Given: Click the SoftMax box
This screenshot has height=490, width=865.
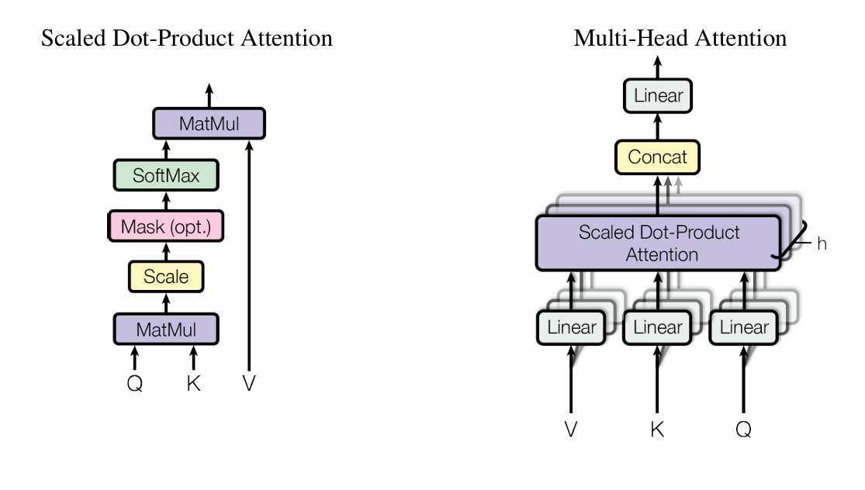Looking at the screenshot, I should (x=166, y=175).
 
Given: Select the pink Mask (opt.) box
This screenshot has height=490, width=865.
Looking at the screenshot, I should (x=166, y=226).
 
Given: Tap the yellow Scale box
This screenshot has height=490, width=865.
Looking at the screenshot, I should (x=166, y=276).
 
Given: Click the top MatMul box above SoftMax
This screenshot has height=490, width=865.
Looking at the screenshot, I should (x=209, y=123).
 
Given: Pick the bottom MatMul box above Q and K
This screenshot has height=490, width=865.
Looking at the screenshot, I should (x=166, y=329).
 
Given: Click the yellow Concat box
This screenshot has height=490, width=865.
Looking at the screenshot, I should (x=657, y=157).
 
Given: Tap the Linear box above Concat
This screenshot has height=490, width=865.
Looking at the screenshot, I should (x=658, y=96).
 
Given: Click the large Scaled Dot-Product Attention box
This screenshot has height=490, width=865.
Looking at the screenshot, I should (x=658, y=243).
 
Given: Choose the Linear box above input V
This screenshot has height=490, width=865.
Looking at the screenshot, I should (x=572, y=326).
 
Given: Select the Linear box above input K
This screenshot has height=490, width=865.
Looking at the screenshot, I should (x=658, y=326).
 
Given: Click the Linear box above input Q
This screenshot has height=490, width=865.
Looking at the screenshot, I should (x=743, y=326).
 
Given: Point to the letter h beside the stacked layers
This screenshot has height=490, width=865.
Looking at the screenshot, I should (x=822, y=244).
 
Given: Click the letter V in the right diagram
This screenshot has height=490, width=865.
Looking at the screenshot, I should (x=571, y=430).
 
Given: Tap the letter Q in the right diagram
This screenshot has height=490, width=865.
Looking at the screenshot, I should (x=743, y=430).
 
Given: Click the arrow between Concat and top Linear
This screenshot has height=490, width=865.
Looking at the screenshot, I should (x=658, y=127).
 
